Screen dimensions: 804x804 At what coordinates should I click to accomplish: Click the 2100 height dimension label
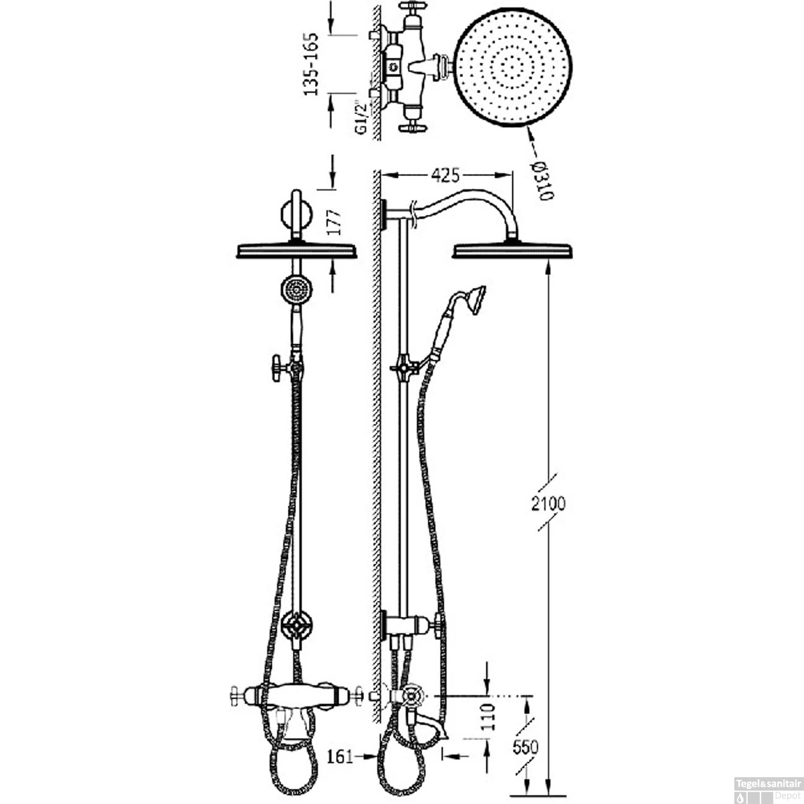pyautogui.click(x=548, y=503)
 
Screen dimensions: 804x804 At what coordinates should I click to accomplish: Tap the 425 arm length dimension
pyautogui.click(x=445, y=175)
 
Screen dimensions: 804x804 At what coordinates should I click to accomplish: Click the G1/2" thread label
pyautogui.click(x=362, y=119)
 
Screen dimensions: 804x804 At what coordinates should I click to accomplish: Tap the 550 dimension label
pyautogui.click(x=525, y=747)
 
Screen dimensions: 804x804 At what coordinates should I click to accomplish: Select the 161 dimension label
pyautogui.click(x=340, y=756)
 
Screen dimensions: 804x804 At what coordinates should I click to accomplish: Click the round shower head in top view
pyautogui.click(x=513, y=67)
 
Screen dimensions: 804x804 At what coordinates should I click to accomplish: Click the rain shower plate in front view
pyautogui.click(x=296, y=251)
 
